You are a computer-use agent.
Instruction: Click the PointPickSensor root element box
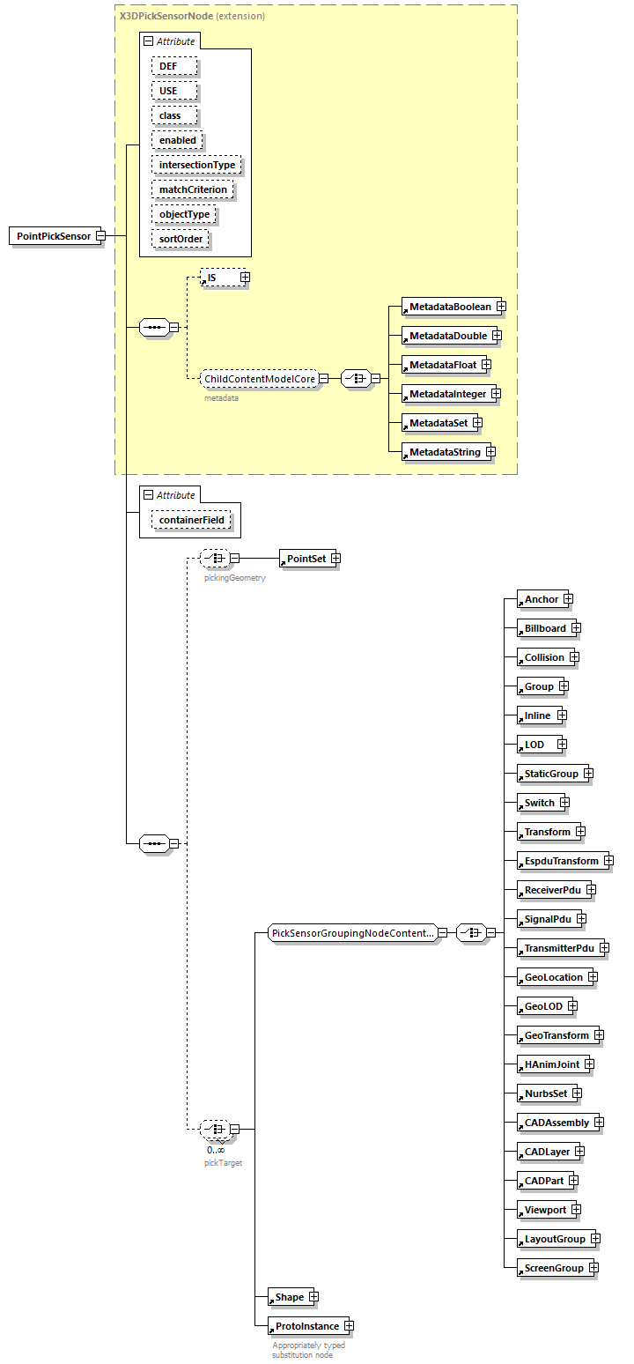(53, 236)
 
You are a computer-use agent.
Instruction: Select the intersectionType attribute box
(197, 165)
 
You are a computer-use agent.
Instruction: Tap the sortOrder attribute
(181, 239)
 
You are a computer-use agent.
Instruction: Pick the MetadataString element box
(444, 452)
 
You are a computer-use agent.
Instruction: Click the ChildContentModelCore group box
(260, 379)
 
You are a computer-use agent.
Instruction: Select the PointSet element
(306, 559)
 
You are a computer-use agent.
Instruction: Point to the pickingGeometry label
(234, 578)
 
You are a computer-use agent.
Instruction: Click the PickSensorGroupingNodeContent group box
(352, 932)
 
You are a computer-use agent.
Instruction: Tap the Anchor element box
(541, 599)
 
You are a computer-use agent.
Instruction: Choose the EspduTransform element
(560, 861)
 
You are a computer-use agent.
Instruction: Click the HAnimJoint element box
(551, 1064)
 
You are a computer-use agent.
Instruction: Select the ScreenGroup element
(553, 1268)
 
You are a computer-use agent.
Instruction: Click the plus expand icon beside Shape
(313, 1297)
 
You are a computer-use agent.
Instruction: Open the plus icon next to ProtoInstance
(349, 1326)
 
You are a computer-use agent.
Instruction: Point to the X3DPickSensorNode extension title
(192, 16)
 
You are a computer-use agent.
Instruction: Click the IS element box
(219, 278)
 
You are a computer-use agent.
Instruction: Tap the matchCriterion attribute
(193, 189)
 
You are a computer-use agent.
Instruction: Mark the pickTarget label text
(223, 1163)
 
